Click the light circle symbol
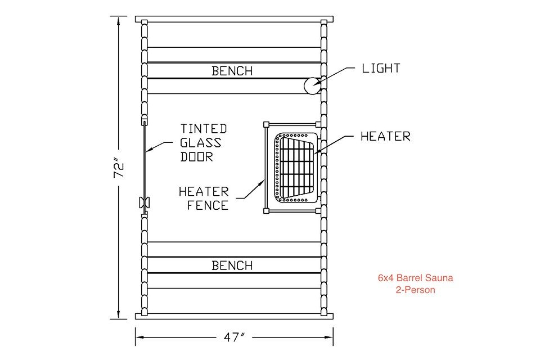312,86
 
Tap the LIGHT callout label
381,69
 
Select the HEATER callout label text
385,136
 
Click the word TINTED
204,129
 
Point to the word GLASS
201,143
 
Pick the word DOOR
197,157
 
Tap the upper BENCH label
232,71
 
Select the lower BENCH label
232,265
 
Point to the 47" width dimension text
234,337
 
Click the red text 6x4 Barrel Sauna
415,278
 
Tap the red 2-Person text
415,290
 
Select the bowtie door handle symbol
143,202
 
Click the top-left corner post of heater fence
267,124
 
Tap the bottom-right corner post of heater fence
318,211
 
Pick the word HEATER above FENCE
204,192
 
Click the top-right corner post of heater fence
318,124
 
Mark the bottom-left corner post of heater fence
267,211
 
